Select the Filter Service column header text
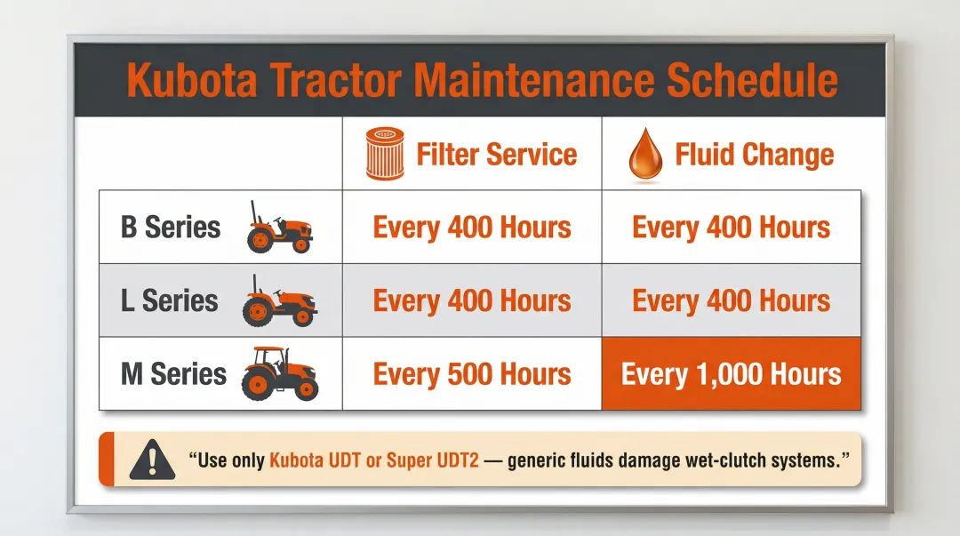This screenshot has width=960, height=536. pos(497,155)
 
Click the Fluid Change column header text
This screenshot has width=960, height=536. pos(755,155)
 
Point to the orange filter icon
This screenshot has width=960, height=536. pos(384,155)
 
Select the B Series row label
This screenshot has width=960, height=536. pos(171,227)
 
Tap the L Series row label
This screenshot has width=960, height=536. pos(170,300)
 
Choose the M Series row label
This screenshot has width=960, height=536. pos(173,373)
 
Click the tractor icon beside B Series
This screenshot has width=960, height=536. pos(279,228)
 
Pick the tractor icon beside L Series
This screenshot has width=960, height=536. pos(278,301)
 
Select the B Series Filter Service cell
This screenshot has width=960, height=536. pos(472,228)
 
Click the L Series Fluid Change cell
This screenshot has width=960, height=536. pos(731,300)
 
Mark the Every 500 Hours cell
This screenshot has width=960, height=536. pos(472,373)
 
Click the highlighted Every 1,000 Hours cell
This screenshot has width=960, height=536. pos(731,373)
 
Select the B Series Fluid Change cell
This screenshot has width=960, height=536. pos(731,228)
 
